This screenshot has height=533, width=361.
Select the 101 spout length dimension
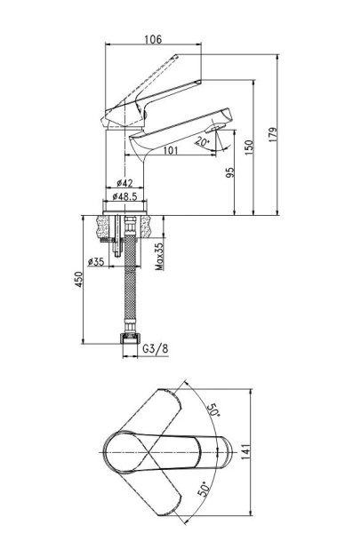[171, 150]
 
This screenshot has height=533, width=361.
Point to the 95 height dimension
[230, 174]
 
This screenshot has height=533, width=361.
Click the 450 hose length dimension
[78, 278]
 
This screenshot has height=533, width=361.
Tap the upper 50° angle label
[214, 411]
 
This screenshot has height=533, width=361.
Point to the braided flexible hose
[131, 284]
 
